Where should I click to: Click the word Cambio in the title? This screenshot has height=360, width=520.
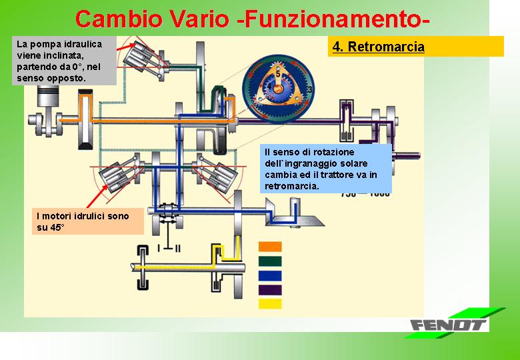119,19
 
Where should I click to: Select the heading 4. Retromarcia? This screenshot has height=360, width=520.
379,47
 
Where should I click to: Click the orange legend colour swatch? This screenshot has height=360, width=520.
270,247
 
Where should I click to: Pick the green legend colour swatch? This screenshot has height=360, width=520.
270,261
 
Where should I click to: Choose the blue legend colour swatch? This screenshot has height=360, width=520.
270,276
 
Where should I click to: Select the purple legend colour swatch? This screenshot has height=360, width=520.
270,290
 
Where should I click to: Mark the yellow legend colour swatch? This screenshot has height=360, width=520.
270,304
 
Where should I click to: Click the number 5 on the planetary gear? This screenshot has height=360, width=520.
278,74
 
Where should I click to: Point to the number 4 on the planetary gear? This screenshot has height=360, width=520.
269,87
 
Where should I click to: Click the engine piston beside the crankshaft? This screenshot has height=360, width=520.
48,96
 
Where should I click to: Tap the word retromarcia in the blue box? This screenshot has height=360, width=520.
291,186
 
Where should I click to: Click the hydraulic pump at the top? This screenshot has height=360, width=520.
140,57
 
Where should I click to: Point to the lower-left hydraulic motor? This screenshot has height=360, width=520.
117,175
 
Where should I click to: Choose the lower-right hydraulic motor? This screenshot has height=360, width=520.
219,175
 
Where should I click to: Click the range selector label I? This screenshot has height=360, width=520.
159,248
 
